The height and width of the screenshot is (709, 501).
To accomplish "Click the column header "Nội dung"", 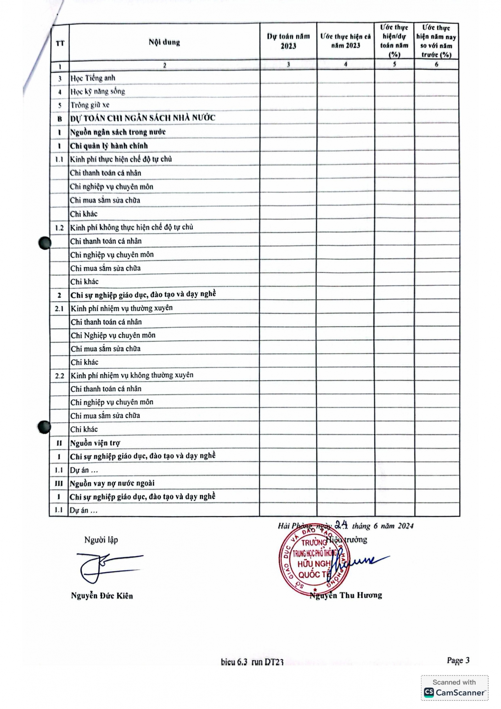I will [x=164, y=42].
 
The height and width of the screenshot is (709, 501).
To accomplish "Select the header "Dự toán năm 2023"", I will [x=288, y=41].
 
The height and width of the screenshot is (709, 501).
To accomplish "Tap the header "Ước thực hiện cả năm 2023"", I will [x=345, y=41].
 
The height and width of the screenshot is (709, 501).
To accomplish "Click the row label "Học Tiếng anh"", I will [x=92, y=78].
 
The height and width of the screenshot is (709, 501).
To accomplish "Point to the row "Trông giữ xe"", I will [x=90, y=105].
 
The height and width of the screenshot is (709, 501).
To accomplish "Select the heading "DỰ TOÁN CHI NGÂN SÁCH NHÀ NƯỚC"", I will [x=142, y=118].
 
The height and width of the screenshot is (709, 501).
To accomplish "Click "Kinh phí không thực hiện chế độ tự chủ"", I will [x=131, y=227].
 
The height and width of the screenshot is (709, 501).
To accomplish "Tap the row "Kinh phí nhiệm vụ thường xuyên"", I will [x=122, y=308].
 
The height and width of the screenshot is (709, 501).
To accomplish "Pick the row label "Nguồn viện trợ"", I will [x=95, y=443].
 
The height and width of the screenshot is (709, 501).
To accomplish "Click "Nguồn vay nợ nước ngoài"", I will [x=112, y=484].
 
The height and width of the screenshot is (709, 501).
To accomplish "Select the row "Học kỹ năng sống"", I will [x=97, y=91].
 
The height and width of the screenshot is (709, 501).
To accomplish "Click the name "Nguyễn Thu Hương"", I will [x=346, y=595].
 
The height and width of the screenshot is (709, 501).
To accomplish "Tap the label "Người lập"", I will [x=101, y=540].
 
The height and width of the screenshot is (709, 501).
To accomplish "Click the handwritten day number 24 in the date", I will [x=342, y=524].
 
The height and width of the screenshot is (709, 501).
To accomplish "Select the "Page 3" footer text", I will [x=458, y=660].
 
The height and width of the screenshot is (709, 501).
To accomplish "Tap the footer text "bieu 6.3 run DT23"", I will [x=252, y=662].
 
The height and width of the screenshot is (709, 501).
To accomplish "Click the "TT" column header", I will [x=60, y=43].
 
